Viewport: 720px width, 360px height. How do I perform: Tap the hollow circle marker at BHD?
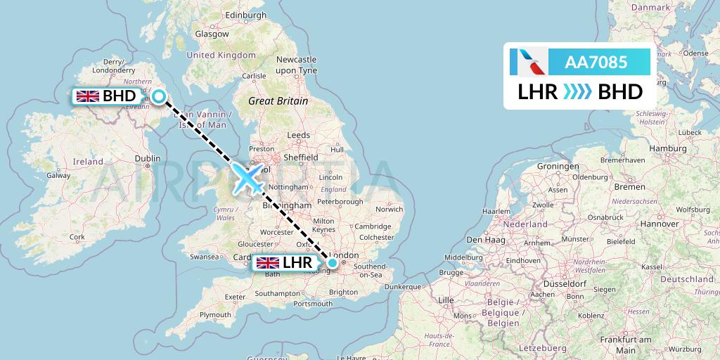click(159, 97)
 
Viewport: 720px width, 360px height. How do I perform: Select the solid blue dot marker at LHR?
click(333, 263)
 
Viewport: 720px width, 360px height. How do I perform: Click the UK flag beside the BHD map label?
click(88, 96)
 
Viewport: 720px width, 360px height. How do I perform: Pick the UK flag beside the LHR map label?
click(267, 263)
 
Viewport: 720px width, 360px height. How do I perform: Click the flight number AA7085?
click(596, 63)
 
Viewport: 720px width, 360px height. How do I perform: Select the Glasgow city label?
click(212, 33)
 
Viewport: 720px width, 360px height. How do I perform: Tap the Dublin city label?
click(147, 159)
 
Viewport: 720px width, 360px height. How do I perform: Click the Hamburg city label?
click(668, 149)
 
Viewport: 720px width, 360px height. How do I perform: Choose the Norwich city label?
click(389, 209)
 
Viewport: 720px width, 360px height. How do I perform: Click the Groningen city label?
click(557, 167)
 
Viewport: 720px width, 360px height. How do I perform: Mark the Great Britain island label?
click(278, 101)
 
